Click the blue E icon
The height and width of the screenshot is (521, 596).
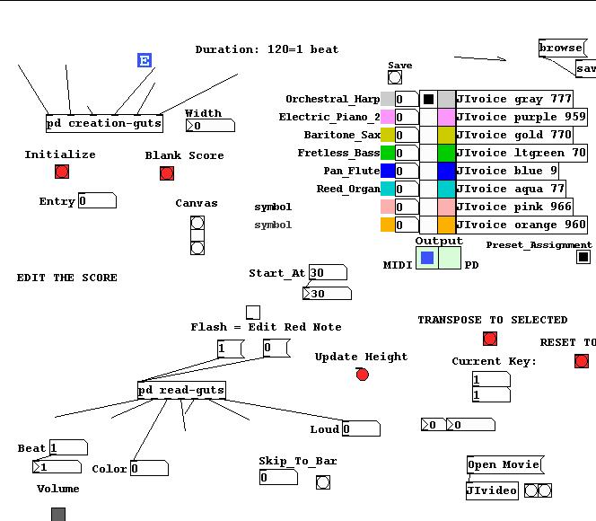click(145, 60)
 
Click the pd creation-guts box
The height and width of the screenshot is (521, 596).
click(104, 123)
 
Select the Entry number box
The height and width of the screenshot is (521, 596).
click(97, 200)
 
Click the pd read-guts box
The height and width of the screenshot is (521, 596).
click(181, 390)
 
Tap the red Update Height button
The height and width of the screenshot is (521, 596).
click(363, 375)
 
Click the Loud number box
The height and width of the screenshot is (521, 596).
click(360, 428)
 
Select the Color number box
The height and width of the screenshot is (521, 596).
click(149, 468)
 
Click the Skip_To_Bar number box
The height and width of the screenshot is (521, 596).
click(278, 477)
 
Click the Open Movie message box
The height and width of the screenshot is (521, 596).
click(504, 464)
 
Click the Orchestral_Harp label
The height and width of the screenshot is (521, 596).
click(332, 99)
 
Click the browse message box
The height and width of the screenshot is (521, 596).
click(560, 48)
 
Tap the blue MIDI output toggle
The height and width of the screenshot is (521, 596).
click(427, 258)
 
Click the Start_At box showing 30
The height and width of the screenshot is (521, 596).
click(328, 272)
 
